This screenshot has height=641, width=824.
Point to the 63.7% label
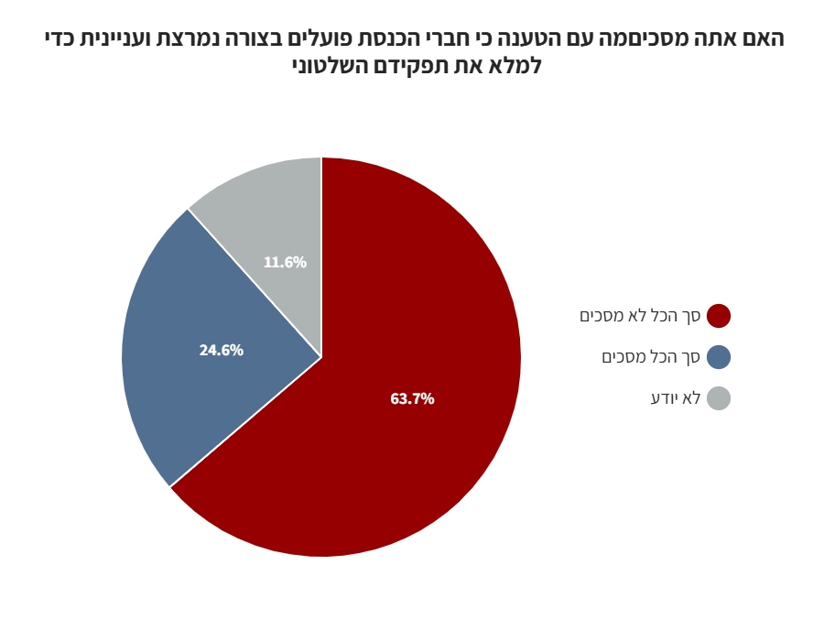(412, 399)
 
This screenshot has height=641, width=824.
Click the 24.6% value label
(222, 351)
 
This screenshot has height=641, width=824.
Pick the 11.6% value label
(285, 263)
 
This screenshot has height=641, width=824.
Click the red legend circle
(719, 316)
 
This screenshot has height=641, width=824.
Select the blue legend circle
(719, 357)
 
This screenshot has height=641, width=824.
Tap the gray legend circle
(719, 398)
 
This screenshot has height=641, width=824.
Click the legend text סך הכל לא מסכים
(640, 316)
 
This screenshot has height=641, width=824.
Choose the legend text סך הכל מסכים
(651, 357)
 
